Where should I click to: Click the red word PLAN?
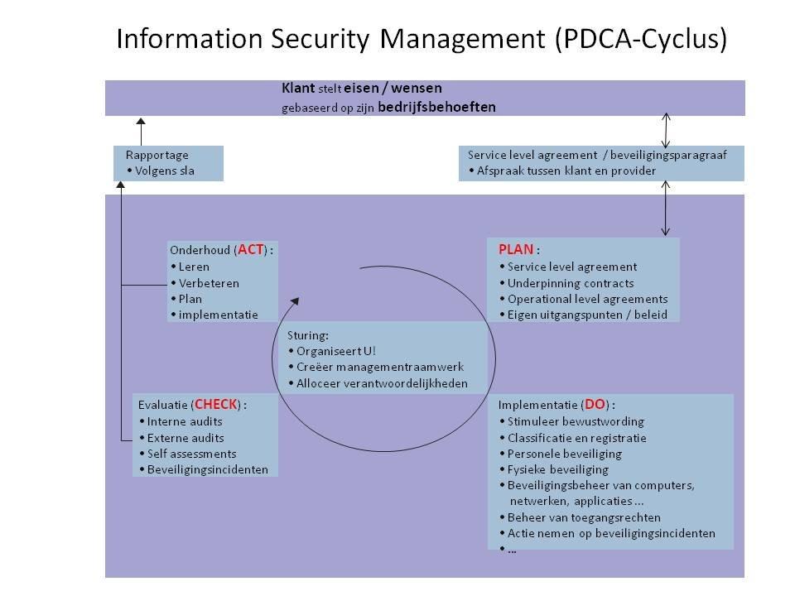pyautogui.click(x=516, y=248)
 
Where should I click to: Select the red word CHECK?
pyautogui.click(x=216, y=404)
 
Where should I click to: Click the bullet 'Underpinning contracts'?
pyautogui.click(x=566, y=282)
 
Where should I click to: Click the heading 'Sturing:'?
pyautogui.click(x=308, y=335)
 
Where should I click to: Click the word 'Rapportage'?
pyautogui.click(x=157, y=155)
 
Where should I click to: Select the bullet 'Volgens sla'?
pyautogui.click(x=162, y=171)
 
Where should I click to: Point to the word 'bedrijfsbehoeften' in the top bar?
pyautogui.click(x=436, y=107)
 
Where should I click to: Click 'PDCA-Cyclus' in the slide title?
pyautogui.click(x=640, y=40)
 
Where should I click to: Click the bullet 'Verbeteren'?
pyautogui.click(x=208, y=282)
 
